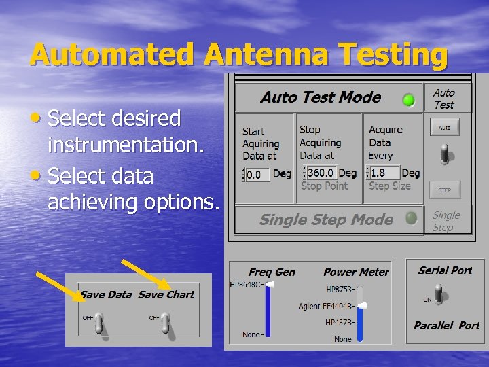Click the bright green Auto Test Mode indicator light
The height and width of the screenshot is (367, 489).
tap(409, 100)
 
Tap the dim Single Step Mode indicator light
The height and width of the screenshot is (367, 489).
tap(411, 218)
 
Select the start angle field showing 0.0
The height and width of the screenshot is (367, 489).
tap(258, 174)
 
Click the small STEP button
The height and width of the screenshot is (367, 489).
tap(444, 190)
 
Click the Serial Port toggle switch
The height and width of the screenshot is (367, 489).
tap(440, 294)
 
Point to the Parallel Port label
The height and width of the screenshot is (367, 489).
tap(446, 326)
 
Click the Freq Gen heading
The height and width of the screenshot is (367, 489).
tap(272, 272)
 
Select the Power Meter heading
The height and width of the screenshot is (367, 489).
tap(356, 272)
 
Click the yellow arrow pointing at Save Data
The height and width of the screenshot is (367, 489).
tap(58, 286)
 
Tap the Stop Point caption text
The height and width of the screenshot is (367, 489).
tap(324, 186)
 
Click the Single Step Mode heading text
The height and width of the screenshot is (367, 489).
tap(326, 220)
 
